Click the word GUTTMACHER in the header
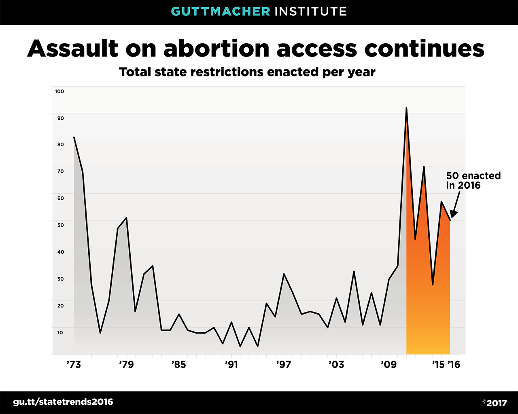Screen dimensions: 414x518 tap(221, 11)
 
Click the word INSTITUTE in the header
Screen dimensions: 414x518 tap(310, 11)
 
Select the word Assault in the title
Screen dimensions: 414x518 tap(73, 49)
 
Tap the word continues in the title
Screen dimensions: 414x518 tap(424, 49)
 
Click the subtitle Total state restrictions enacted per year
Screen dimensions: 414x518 tap(247, 72)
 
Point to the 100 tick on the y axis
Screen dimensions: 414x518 tap(59, 91)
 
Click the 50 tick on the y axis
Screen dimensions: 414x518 tap(60, 225)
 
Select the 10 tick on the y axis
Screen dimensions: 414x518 tap(60, 332)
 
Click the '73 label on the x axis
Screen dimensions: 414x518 tap(74, 365)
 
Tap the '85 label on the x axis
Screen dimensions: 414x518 tap(178, 365)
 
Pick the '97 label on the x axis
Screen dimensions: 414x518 tap(283, 365)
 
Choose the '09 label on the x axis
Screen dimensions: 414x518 tap(388, 365)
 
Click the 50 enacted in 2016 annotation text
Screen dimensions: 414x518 tap(473, 181)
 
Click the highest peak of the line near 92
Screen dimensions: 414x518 tap(406, 108)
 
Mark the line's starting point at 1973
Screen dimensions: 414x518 tap(74, 137)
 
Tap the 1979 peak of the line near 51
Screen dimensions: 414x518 tap(127, 218)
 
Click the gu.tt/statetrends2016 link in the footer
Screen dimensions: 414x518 tap(63, 402)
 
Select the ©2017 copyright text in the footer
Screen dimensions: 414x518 tap(494, 403)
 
